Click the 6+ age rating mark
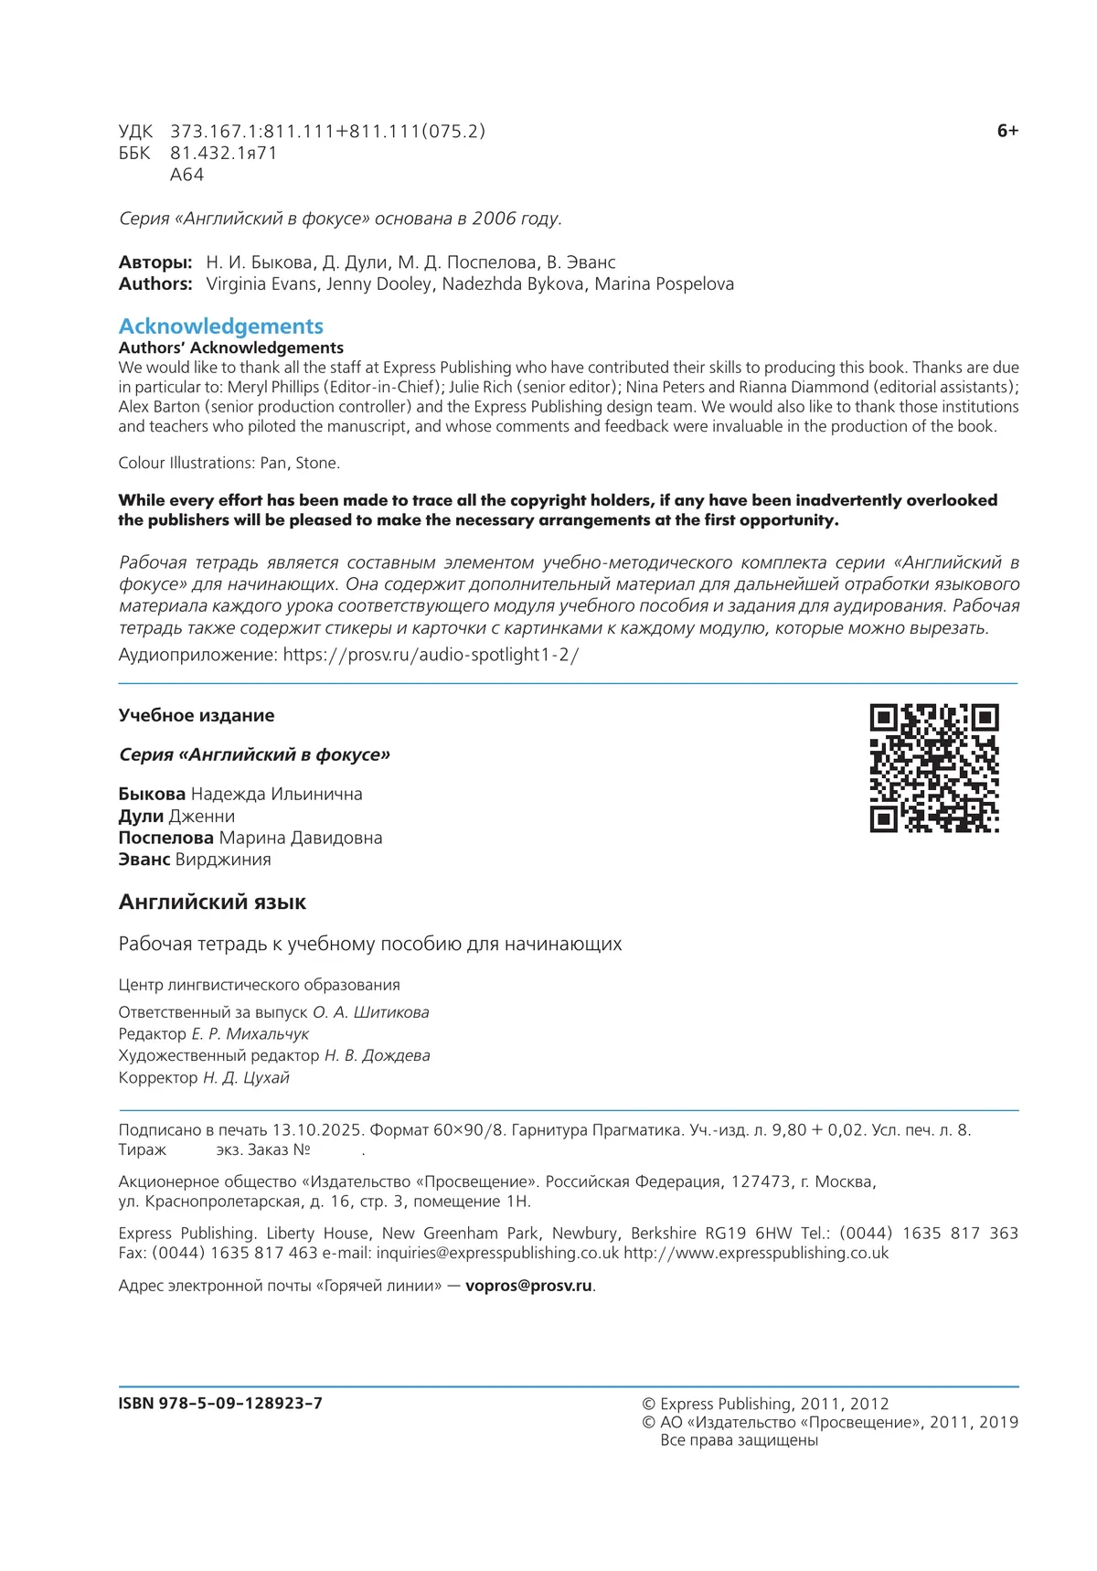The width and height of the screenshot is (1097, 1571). pos(1007,131)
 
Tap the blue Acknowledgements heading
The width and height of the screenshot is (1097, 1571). pos(221,326)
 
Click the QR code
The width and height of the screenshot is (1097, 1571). pos(933,767)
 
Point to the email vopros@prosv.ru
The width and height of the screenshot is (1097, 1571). pos(528,1286)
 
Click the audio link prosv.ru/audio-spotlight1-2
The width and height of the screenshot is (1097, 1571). pos(431,655)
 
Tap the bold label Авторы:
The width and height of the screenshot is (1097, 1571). pos(155,262)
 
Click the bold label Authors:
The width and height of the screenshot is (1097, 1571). pos(155,284)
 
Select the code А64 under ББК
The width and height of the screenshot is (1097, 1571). pos(187,175)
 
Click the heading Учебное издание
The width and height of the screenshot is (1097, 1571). pos(197,716)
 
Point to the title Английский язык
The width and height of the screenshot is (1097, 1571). pos(212,903)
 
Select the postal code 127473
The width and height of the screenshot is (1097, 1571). pos(761,1181)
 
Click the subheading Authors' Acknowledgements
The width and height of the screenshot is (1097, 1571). pos(231,348)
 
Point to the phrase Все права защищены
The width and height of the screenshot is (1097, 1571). pos(739,1440)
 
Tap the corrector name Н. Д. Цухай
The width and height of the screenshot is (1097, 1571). pos(246,1078)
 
